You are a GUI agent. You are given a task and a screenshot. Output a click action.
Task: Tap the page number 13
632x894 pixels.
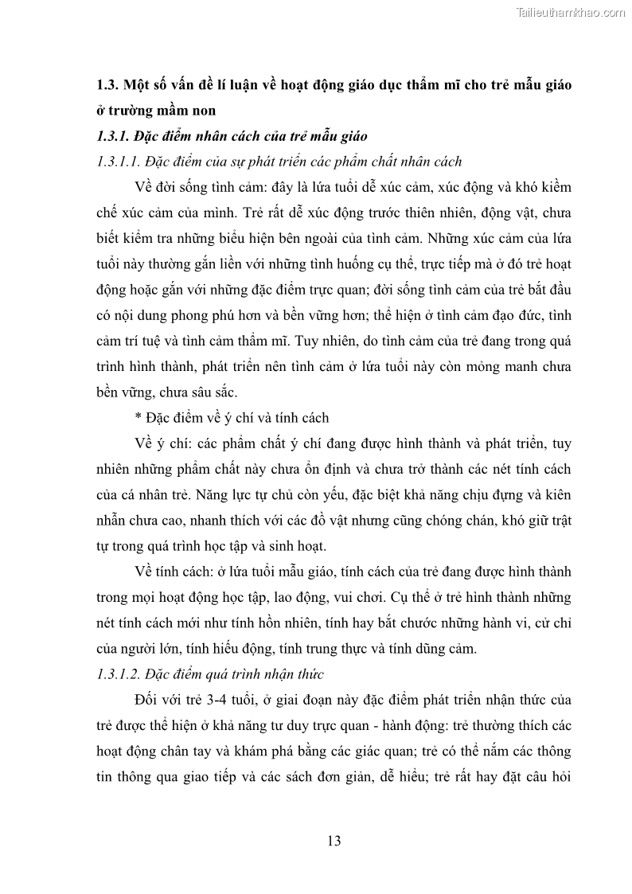[x=334, y=841]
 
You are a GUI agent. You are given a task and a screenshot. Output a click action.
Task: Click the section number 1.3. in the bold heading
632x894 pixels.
[x=107, y=85]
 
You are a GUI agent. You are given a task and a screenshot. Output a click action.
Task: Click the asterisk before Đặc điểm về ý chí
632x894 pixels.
[x=138, y=418]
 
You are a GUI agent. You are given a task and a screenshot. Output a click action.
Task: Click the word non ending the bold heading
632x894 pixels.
[x=202, y=111]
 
